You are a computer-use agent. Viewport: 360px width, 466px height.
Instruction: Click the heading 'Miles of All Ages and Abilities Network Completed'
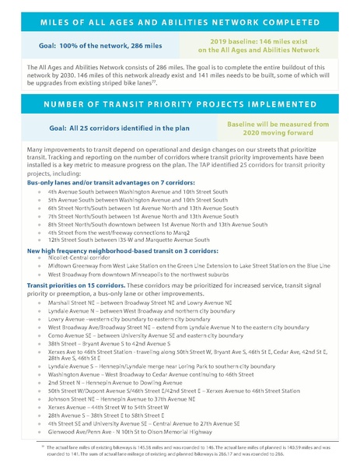click(180, 17)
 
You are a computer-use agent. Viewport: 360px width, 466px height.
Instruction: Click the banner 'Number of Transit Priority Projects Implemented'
click(180, 103)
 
